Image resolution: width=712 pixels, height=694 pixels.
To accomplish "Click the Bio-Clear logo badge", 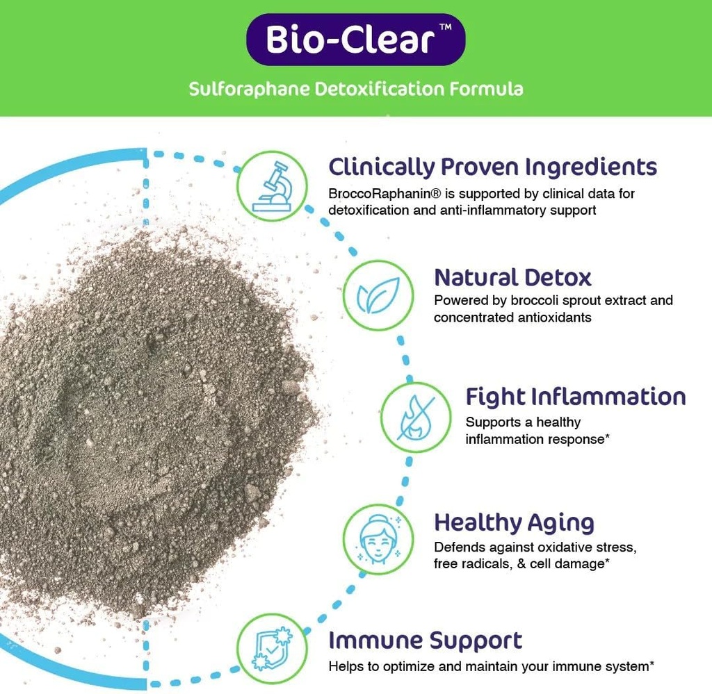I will pos(355,40).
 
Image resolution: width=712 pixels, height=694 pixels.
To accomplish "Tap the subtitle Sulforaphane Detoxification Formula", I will pos(355,89).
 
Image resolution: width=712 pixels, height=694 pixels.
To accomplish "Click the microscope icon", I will pos(271,185).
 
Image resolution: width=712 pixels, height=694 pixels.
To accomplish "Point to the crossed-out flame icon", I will pos(415,418).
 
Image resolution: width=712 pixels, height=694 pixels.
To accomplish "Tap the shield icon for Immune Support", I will pos(271,648).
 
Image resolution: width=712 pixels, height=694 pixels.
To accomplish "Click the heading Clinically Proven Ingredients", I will pos(492,167).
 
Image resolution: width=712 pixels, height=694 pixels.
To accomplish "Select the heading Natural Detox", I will pos(512,277).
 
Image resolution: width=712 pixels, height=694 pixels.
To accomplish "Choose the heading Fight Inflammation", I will pos(575,397).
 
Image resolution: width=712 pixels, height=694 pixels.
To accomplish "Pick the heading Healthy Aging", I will pos(514,522).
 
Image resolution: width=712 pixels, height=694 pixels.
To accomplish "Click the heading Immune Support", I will pos(425,640).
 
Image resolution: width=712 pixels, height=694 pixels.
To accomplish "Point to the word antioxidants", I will pos(553,317).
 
